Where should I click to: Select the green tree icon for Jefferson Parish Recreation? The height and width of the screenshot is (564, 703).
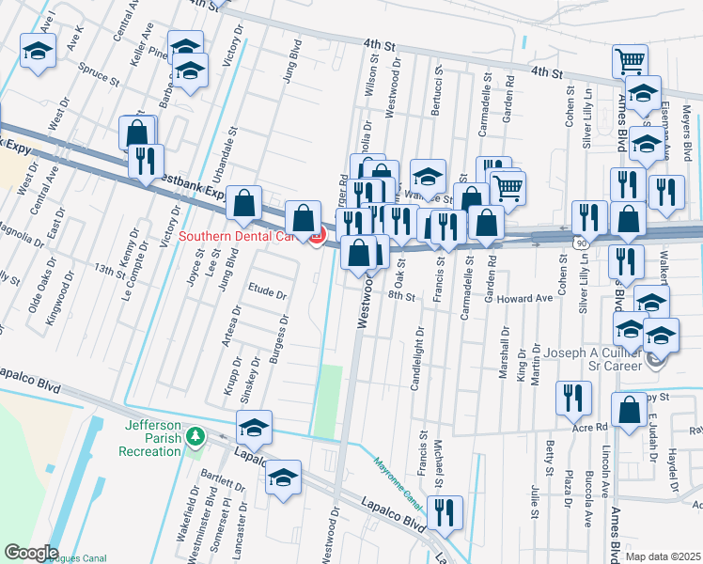tap(195, 436)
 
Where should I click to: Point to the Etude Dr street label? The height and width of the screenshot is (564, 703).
tap(266, 293)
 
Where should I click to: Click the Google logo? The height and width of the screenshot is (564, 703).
tap(30, 553)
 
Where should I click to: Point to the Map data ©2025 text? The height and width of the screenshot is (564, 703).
tap(663, 556)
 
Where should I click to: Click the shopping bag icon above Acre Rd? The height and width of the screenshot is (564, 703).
tap(629, 410)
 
